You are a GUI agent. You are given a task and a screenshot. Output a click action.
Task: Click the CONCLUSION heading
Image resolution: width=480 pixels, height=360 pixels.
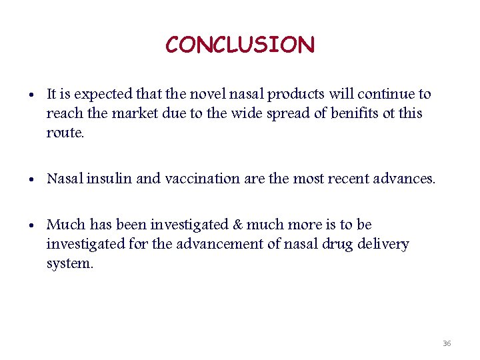pos(240,45)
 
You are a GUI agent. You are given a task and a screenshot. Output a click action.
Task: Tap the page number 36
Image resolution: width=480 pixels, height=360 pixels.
pos(447,343)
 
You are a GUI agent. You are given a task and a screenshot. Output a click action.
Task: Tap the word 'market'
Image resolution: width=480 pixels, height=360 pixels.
pos(136,113)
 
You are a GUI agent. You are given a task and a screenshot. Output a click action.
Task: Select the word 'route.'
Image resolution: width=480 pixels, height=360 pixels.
pos(65,133)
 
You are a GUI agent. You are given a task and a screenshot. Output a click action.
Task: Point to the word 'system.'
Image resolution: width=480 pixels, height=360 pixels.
pos(70,264)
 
